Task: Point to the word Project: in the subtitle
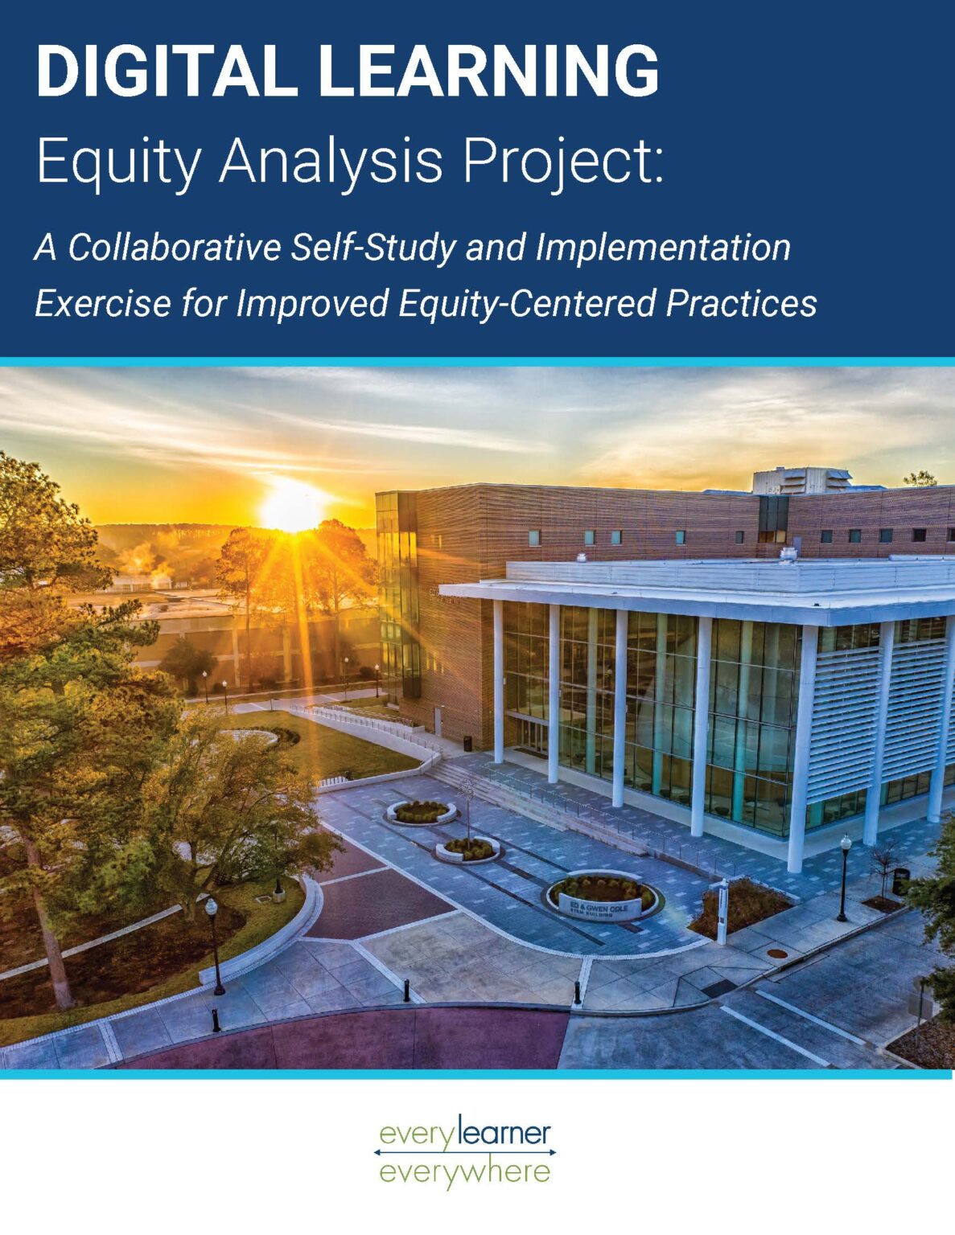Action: click(x=563, y=160)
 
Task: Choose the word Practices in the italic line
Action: click(x=741, y=303)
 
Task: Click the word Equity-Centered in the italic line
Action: click(x=527, y=303)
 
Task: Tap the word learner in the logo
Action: click(x=509, y=1134)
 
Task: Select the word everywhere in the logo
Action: click(x=464, y=1171)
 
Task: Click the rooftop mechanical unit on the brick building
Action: click(x=801, y=480)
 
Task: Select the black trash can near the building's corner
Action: click(x=900, y=881)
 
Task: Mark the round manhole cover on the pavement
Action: click(x=777, y=954)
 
